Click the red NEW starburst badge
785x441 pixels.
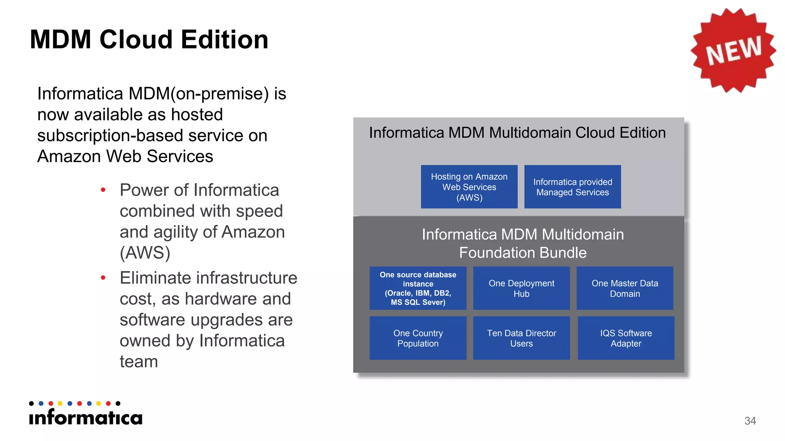click(733, 50)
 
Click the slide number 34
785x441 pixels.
click(750, 421)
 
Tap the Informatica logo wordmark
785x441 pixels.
click(85, 417)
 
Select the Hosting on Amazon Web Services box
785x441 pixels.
click(469, 187)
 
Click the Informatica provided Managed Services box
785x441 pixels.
click(572, 187)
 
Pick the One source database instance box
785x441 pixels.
click(418, 288)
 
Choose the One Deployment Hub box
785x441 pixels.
click(521, 288)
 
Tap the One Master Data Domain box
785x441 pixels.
click(625, 288)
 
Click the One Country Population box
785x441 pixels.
click(418, 338)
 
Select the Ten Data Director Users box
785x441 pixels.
click(521, 338)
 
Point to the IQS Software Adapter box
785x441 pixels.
click(626, 338)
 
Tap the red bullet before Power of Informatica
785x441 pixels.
click(103, 190)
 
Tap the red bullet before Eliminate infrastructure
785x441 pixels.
click(103, 278)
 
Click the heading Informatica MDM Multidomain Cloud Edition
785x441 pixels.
click(517, 133)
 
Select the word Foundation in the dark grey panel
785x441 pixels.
click(490, 253)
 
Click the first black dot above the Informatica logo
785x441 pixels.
click(31, 403)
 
